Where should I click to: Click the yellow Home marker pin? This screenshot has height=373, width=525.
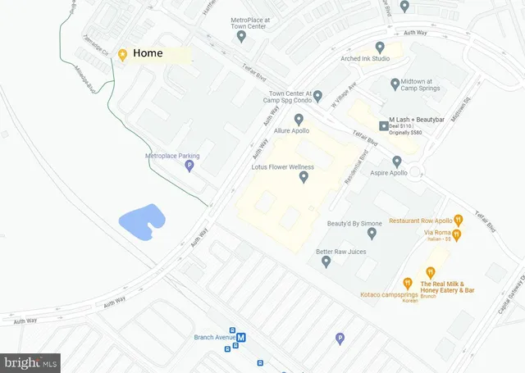tap(122, 54)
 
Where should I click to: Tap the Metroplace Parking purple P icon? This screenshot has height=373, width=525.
tap(189, 166)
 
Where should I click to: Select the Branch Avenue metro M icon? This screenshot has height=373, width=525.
tap(242, 337)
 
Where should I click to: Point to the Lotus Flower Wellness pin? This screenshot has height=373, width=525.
tap(304, 177)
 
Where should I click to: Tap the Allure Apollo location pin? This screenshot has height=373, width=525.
tap(299, 120)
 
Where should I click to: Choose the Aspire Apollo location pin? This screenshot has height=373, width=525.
tap(397, 161)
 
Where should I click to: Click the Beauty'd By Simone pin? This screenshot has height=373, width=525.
tap(372, 234)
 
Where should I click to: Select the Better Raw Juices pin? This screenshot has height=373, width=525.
tap(326, 262)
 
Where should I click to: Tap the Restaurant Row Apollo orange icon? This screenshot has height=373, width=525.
tap(459, 220)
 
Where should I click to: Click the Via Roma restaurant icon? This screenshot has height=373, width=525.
tap(457, 235)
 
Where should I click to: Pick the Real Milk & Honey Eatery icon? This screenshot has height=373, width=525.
tap(430, 272)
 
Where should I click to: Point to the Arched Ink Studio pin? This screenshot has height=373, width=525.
tap(379, 48)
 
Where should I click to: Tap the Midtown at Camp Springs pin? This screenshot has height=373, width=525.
tap(395, 83)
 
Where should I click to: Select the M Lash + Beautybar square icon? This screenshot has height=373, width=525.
tap(383, 125)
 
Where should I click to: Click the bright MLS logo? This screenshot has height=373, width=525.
tap(31, 362)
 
